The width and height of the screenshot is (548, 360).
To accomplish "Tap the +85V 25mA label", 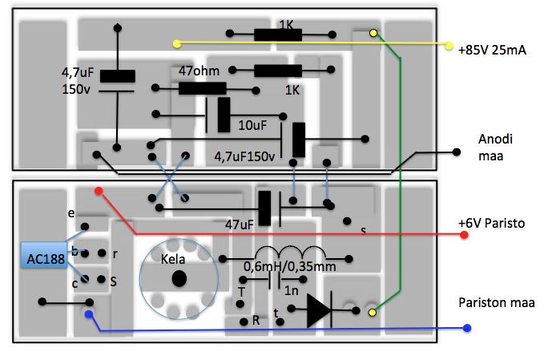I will pyautogui.click(x=492, y=50).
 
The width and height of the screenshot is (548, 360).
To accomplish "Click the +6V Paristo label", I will pyautogui.click(x=491, y=222).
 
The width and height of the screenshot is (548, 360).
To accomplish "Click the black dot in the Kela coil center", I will pyautogui.click(x=178, y=278).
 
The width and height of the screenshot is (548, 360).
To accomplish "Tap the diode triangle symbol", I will pyautogui.click(x=318, y=309).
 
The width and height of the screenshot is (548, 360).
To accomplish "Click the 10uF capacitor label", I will pyautogui.click(x=253, y=126).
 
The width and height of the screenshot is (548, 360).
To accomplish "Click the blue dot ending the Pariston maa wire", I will pyautogui.click(x=467, y=329).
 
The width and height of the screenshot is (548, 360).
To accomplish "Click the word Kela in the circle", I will pyautogui.click(x=174, y=261).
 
